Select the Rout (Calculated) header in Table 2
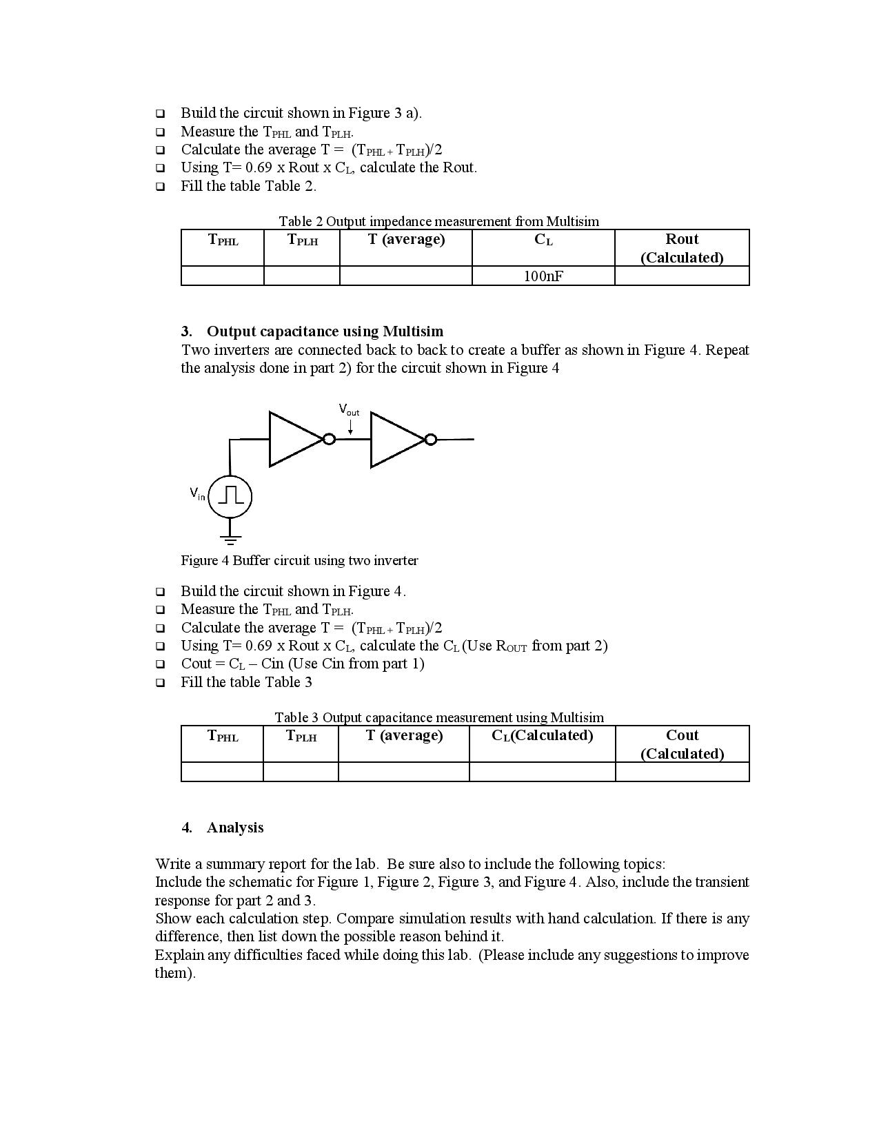pos(681,248)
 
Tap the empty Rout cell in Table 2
pos(681,276)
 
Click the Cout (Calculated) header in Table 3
pos(682,744)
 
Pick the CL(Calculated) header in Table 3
pos(542,735)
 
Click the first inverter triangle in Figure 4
pos(292,439)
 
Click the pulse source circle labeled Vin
pos(230,495)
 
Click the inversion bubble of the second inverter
pos(430,439)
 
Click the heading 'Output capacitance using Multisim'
pos(325,331)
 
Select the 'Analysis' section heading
pos(234,828)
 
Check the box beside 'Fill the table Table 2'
pos(161,186)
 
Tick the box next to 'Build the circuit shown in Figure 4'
pos(161,591)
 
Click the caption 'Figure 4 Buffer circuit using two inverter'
pos(299,560)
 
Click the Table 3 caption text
pos(439,717)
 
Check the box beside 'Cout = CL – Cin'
pos(161,664)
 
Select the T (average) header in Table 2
pos(405,239)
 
